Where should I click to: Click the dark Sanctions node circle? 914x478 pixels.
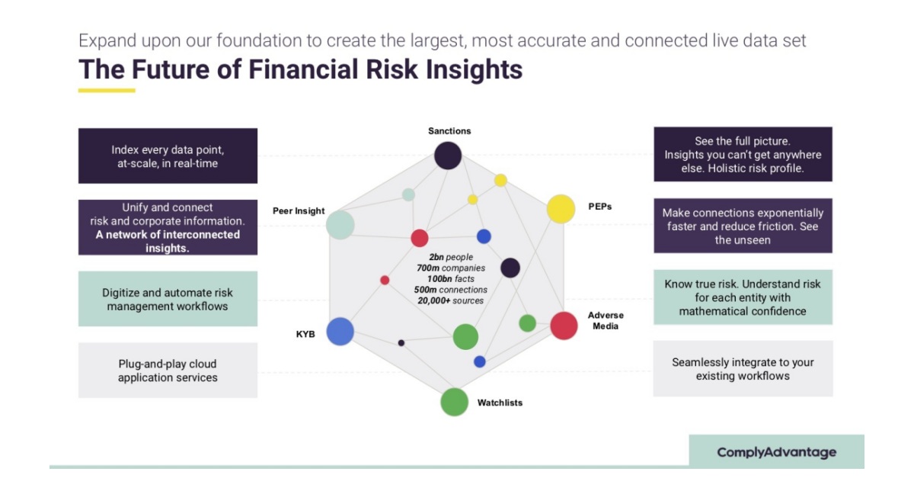pos(448,156)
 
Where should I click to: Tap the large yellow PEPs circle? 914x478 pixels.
pos(561,209)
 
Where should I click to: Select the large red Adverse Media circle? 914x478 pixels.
pos(564,326)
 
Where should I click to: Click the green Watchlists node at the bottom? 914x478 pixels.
pos(454,402)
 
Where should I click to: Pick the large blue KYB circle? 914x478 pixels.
pos(340,332)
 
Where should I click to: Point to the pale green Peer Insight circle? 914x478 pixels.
pos(340,225)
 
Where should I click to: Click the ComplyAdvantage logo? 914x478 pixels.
pos(776,452)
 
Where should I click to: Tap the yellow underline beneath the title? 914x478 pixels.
pos(107,90)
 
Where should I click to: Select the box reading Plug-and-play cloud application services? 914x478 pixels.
pos(168,371)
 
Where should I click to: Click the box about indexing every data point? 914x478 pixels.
pos(168,156)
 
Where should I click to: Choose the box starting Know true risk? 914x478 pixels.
pos(743,297)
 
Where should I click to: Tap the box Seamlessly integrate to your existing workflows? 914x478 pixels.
pos(743,369)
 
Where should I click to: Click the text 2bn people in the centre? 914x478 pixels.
pos(452,258)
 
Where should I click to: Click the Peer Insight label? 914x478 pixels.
pos(299,210)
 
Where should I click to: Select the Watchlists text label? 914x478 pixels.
pos(500,403)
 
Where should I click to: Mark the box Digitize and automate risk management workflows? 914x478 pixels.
pos(168,299)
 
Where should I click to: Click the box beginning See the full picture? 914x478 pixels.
pos(743,155)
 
